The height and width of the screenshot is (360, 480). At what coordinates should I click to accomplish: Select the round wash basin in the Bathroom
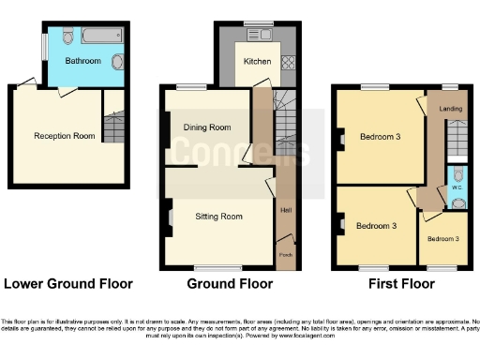tap(116, 62)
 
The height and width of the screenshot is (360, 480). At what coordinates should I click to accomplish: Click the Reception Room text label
tap(65, 136)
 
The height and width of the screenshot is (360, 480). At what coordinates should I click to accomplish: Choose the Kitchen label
tap(258, 62)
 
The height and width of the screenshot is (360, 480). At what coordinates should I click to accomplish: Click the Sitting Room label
tap(218, 217)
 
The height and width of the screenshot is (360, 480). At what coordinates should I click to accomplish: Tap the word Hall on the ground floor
tap(285, 210)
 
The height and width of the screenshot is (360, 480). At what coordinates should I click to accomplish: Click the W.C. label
tap(457, 187)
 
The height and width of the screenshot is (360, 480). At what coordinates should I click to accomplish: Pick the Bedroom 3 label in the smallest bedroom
tap(443, 239)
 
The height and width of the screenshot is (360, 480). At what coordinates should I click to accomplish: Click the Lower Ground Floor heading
tap(68, 283)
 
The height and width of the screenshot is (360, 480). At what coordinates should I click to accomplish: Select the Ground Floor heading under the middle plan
tap(231, 283)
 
